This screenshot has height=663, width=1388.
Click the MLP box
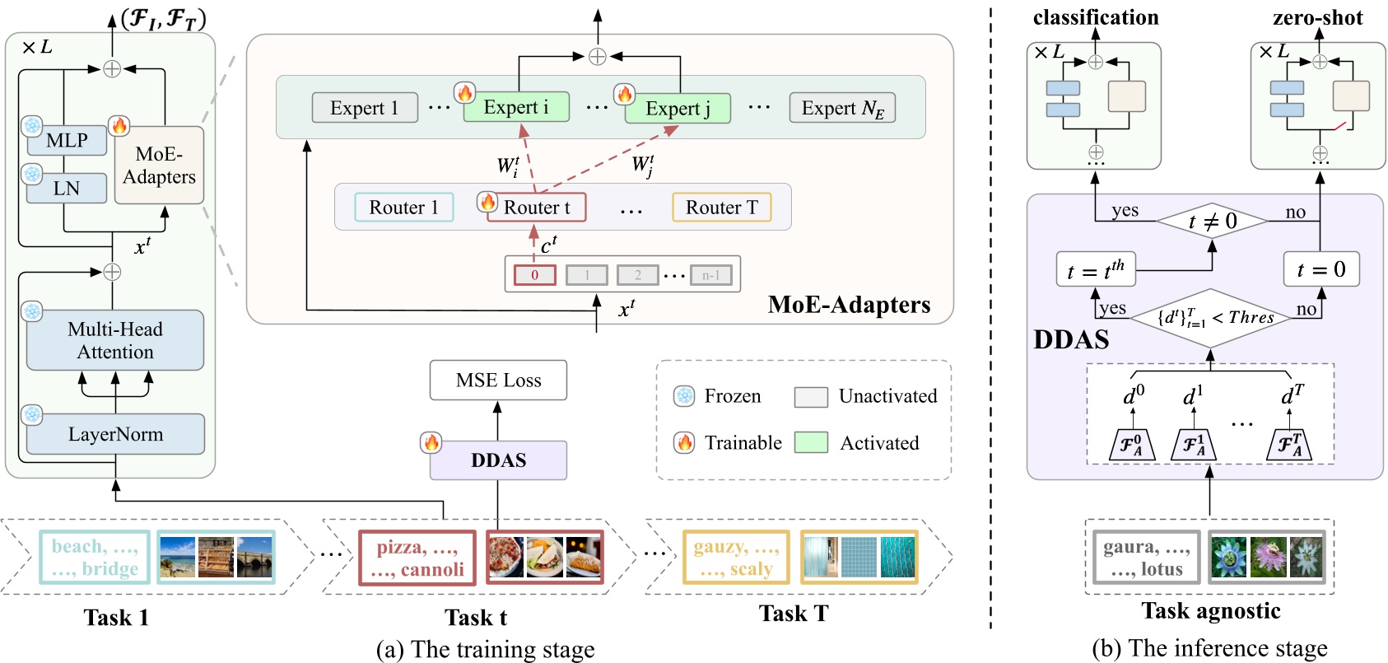(67, 141)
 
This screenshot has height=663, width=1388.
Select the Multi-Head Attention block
(115, 340)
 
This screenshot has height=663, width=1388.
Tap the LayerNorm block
(115, 434)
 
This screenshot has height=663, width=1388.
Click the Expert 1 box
(364, 108)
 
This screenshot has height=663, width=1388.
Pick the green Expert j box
(678, 108)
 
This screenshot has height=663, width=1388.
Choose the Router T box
(722, 208)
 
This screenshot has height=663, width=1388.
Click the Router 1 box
(403, 208)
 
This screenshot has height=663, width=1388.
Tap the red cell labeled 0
(534, 275)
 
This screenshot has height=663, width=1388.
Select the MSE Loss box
(498, 380)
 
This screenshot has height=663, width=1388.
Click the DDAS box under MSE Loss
(498, 460)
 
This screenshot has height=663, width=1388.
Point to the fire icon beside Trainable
(684, 443)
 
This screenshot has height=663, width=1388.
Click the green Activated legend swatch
(811, 443)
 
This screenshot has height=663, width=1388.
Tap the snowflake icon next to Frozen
(684, 396)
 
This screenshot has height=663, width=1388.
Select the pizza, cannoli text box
(417, 558)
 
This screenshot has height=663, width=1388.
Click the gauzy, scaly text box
(735, 558)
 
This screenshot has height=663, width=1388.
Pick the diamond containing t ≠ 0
(1212, 221)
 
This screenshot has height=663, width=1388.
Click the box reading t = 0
(1320, 269)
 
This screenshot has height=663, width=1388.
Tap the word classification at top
(1095, 17)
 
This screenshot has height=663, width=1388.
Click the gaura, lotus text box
(1146, 558)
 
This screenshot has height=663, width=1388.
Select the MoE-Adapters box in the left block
(159, 165)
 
